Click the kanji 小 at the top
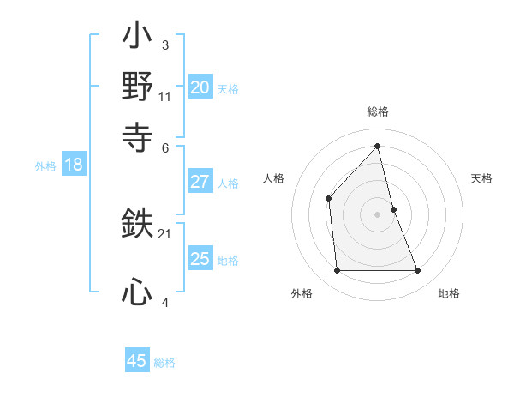point(137,38)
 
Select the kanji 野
point(137,87)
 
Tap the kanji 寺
point(137,135)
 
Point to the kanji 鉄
point(137,224)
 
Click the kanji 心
point(137,292)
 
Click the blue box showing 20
point(200,87)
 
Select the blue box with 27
point(200,182)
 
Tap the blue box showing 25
point(200,259)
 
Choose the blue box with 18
point(73,165)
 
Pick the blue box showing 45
point(136,361)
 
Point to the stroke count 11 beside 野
point(165,97)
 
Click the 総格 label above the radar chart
point(378,111)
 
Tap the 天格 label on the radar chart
point(481,178)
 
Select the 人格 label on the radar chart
point(273,178)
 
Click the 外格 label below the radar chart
point(302,293)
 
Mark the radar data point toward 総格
point(378,146)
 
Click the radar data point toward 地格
point(418,271)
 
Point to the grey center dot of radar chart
point(378,214)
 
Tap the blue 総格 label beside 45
point(164,363)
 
